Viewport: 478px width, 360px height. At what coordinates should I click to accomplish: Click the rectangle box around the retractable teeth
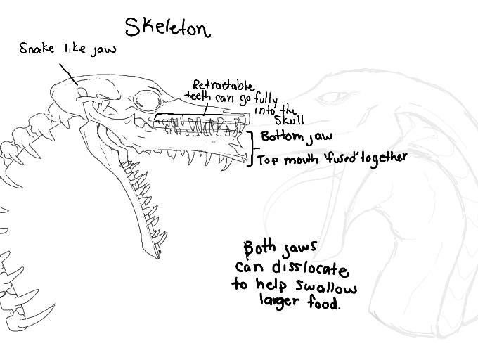202,124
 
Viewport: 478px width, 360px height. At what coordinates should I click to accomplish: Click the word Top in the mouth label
268,160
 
